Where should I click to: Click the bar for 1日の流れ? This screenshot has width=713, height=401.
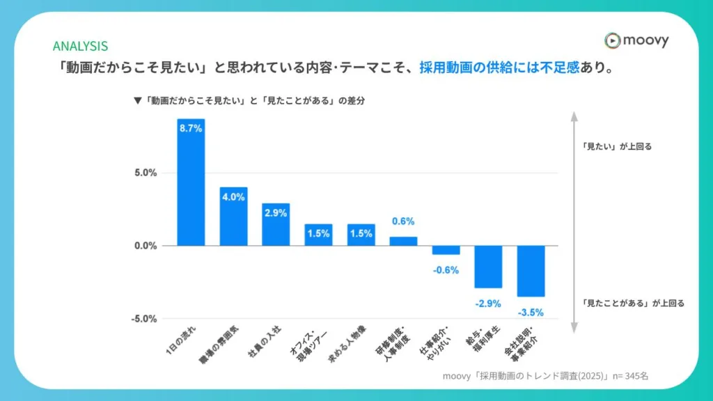pyautogui.click(x=191, y=182)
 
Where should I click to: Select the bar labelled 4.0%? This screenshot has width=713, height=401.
pyautogui.click(x=233, y=217)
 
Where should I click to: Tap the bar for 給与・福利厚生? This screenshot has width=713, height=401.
pyautogui.click(x=488, y=267)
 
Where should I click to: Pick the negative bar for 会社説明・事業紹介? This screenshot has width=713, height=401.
pyautogui.click(x=531, y=271)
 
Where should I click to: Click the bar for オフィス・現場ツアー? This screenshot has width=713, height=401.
pyautogui.click(x=318, y=235)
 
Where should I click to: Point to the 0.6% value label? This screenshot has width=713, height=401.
pyautogui.click(x=403, y=221)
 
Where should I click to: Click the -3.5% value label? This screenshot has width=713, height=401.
pyautogui.click(x=531, y=312)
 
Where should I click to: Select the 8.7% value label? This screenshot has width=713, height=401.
pyautogui.click(x=191, y=129)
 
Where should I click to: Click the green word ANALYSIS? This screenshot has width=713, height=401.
pyautogui.click(x=80, y=47)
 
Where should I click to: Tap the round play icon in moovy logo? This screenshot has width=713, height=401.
pyautogui.click(x=612, y=40)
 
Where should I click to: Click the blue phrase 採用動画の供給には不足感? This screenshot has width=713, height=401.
pyautogui.click(x=499, y=69)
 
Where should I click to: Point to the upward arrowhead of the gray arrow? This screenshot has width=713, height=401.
pyautogui.click(x=572, y=115)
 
